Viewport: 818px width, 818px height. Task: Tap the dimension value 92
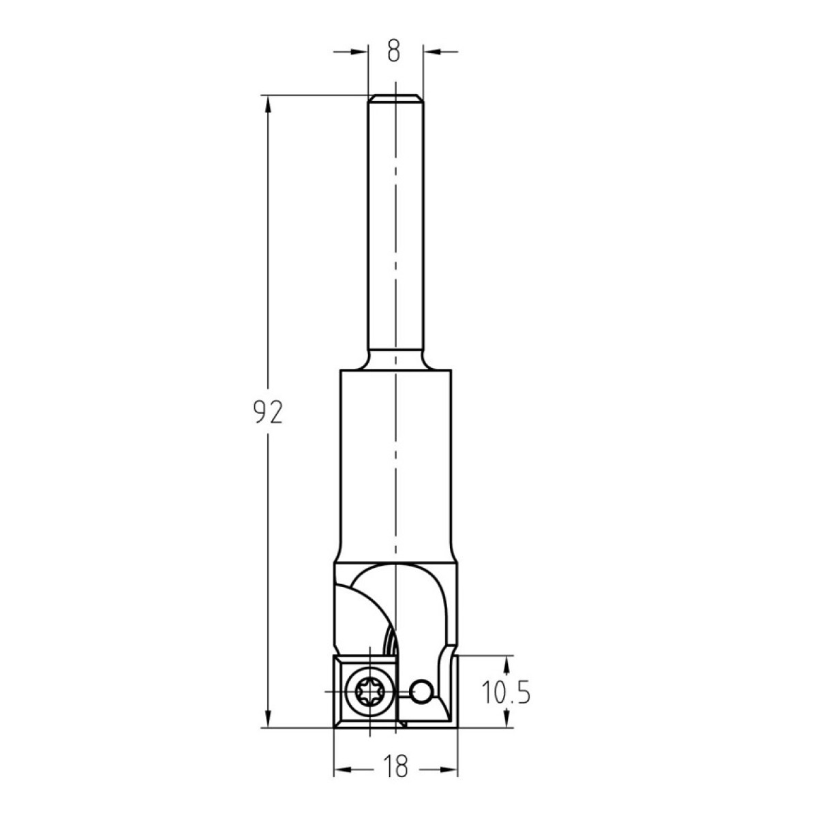click(x=268, y=412)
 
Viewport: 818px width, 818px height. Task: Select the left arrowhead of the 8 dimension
click(x=359, y=52)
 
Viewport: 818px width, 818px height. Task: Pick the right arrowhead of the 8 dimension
click(x=431, y=52)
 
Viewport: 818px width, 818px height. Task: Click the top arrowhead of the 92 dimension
click(x=267, y=104)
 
